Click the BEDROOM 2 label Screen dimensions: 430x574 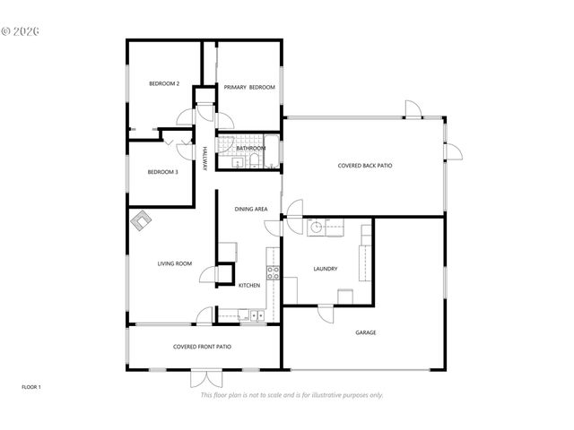[163, 84]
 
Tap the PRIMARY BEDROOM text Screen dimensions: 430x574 [248, 87]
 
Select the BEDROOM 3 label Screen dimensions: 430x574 [162, 172]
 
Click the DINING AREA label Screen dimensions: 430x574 [251, 209]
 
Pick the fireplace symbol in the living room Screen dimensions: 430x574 [142, 220]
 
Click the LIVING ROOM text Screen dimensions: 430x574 [175, 263]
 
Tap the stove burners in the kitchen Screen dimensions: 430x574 [271, 271]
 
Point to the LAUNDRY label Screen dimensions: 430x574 [325, 269]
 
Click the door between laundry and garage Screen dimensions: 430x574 [325, 314]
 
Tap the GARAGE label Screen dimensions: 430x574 [365, 332]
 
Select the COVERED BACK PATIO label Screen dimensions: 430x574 [364, 166]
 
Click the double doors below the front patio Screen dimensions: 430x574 [204, 377]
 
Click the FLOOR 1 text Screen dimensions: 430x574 [31, 387]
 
